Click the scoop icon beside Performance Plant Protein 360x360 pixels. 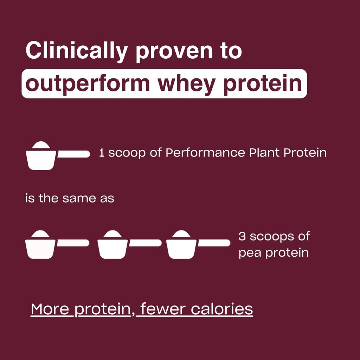coord(41,157)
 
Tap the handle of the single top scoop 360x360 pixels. coord(73,154)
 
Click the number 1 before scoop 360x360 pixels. coord(102,153)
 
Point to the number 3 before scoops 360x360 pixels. coord(242,237)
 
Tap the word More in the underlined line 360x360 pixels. coord(52,309)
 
